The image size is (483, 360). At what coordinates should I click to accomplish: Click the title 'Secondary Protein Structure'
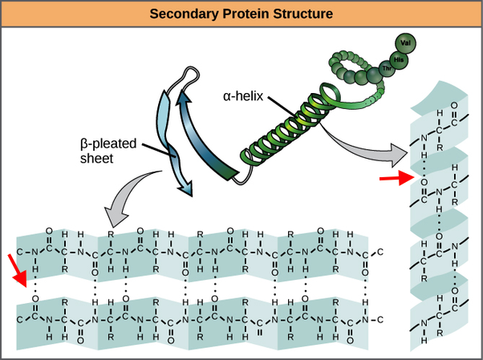coord(241,14)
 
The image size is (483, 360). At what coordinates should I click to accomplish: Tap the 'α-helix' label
coord(241,96)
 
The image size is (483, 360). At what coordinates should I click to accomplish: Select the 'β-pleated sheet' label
coord(107,152)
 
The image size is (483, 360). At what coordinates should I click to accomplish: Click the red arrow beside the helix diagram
coord(389,178)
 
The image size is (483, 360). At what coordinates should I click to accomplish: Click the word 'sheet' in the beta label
coord(97,160)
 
